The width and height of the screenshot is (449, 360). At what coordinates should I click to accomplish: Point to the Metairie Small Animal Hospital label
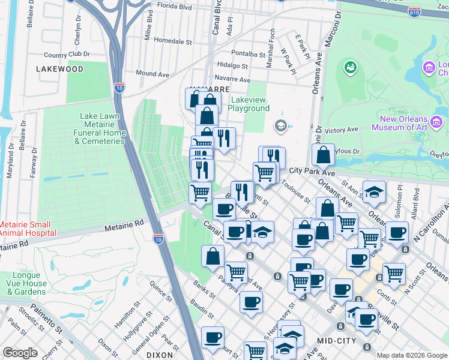point(28,228)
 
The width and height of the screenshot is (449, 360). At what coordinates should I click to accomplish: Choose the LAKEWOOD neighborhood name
point(59,69)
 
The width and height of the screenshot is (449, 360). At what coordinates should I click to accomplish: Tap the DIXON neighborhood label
point(160,355)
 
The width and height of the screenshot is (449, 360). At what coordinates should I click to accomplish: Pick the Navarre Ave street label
point(232,79)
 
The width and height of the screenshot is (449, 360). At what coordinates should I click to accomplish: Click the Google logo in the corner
point(20,353)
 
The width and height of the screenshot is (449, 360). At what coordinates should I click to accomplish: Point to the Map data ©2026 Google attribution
point(411,355)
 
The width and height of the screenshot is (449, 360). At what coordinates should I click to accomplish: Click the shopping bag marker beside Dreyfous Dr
point(323,155)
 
